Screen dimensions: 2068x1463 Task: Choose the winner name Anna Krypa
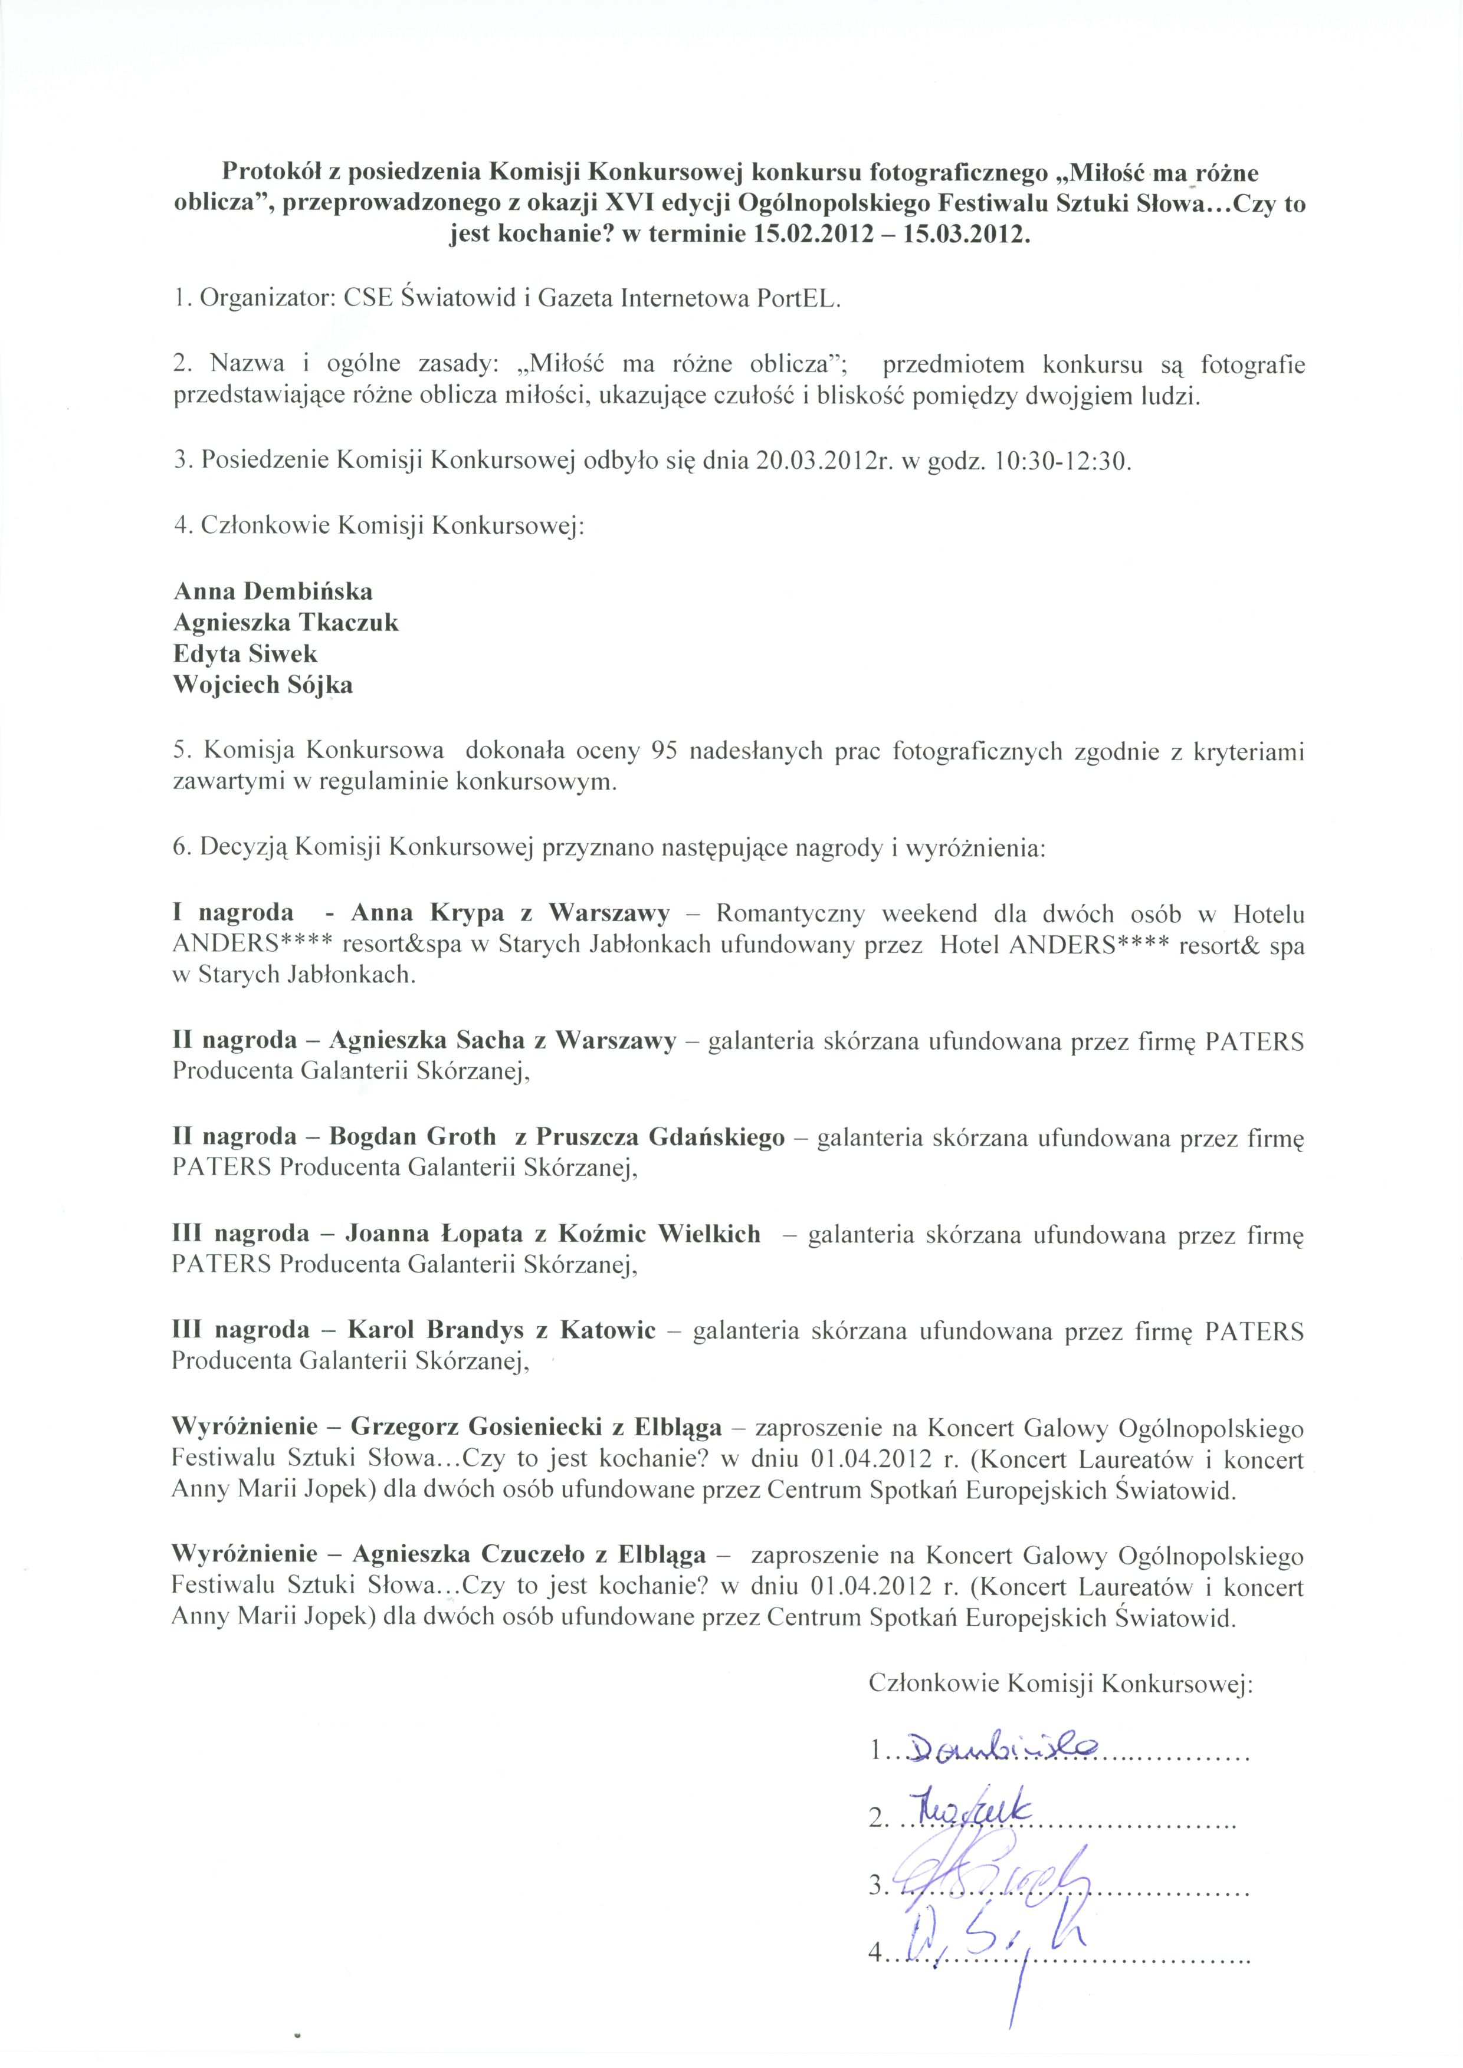tap(428, 914)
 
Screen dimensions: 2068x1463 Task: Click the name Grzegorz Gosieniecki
tap(468, 1428)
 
